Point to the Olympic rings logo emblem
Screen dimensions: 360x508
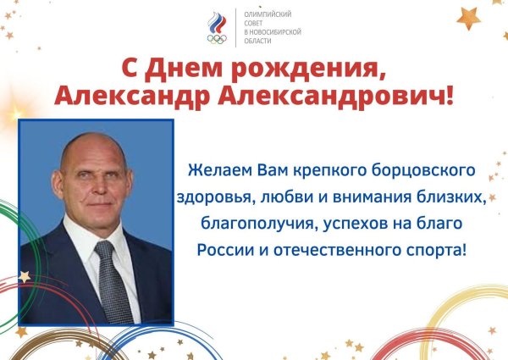[218, 29]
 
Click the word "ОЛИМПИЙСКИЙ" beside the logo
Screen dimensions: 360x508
[268, 14]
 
